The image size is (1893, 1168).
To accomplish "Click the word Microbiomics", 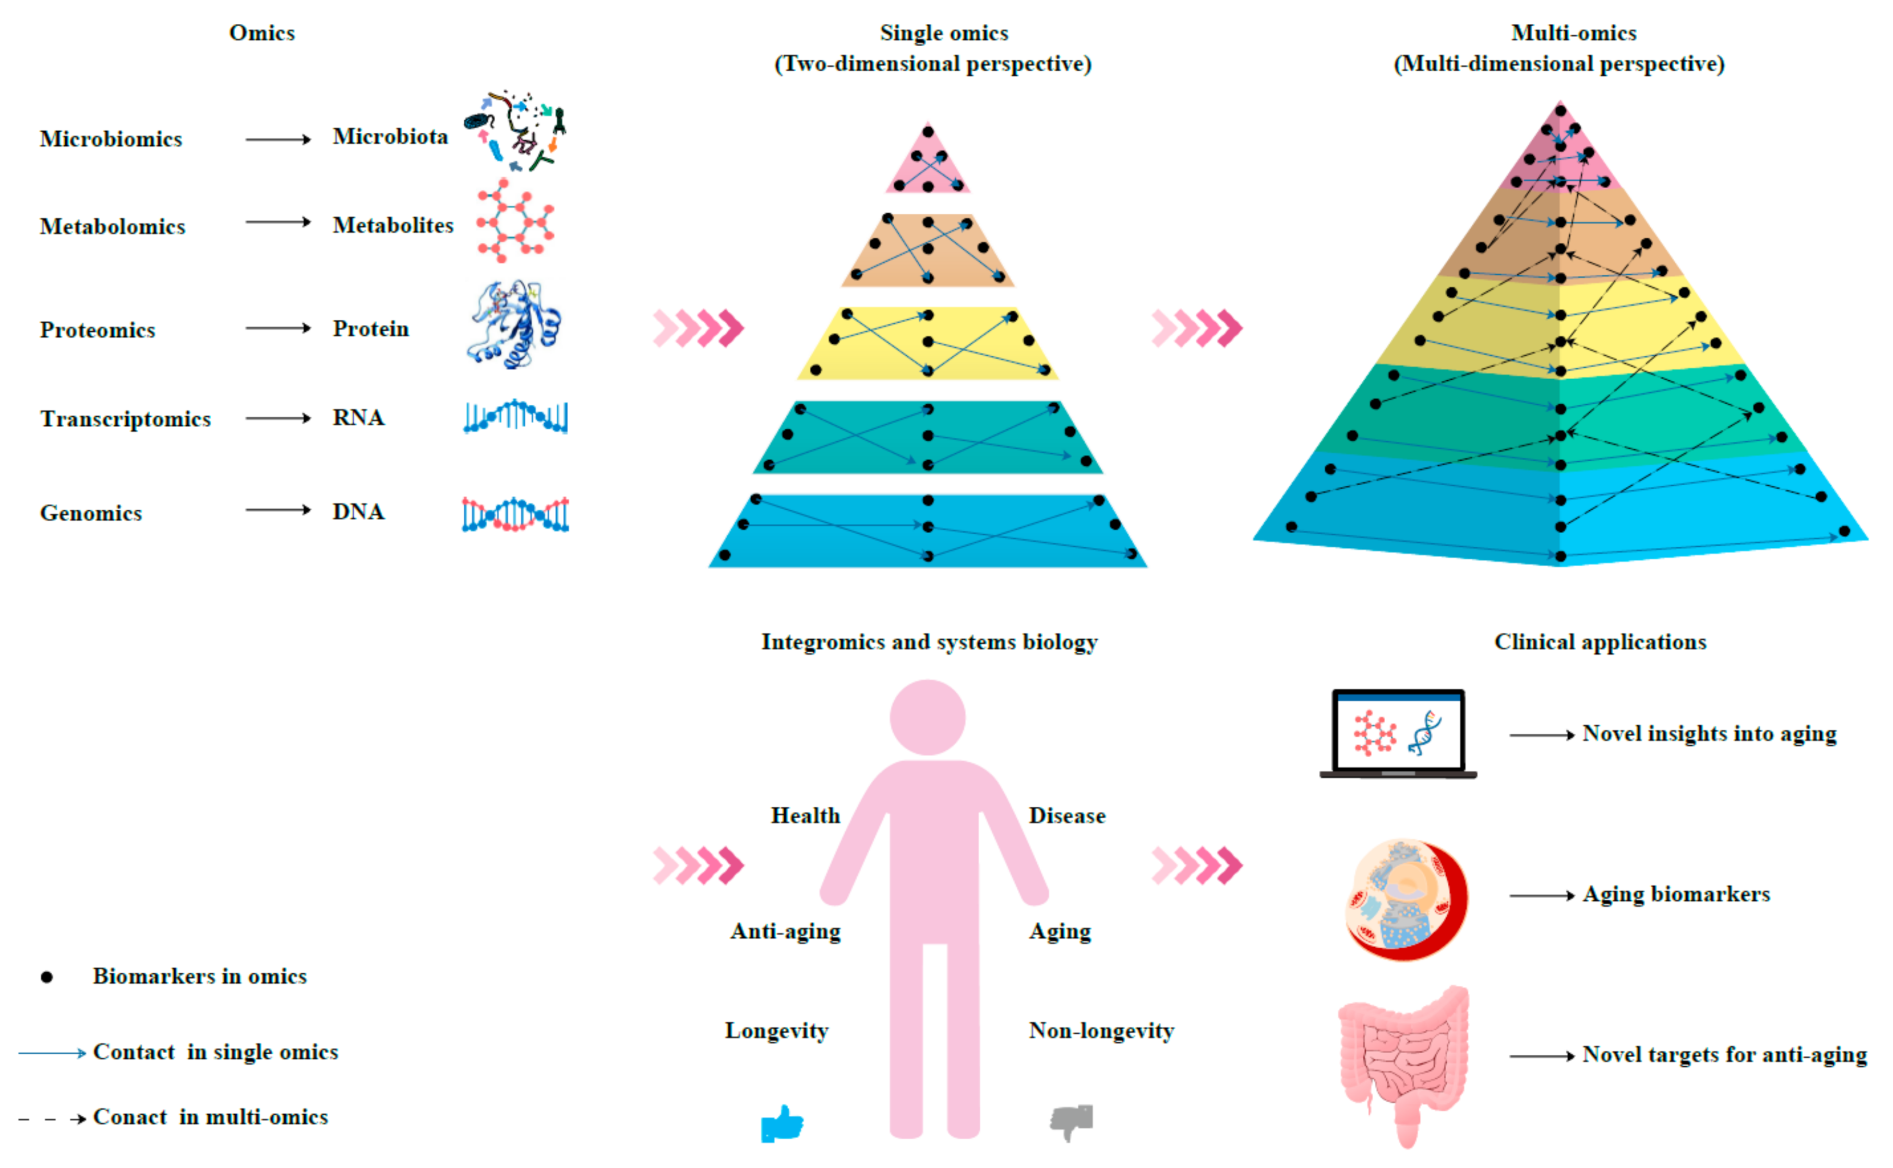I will click(x=111, y=139).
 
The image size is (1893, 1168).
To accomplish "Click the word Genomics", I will click(x=91, y=514).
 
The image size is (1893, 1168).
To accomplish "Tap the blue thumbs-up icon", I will click(x=781, y=1123).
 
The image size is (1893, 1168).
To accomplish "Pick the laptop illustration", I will click(x=1398, y=734).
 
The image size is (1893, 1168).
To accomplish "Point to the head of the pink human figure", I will click(x=927, y=717).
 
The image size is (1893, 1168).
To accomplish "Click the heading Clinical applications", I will click(x=1600, y=642).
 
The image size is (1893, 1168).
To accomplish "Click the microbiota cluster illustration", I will click(x=516, y=131).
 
